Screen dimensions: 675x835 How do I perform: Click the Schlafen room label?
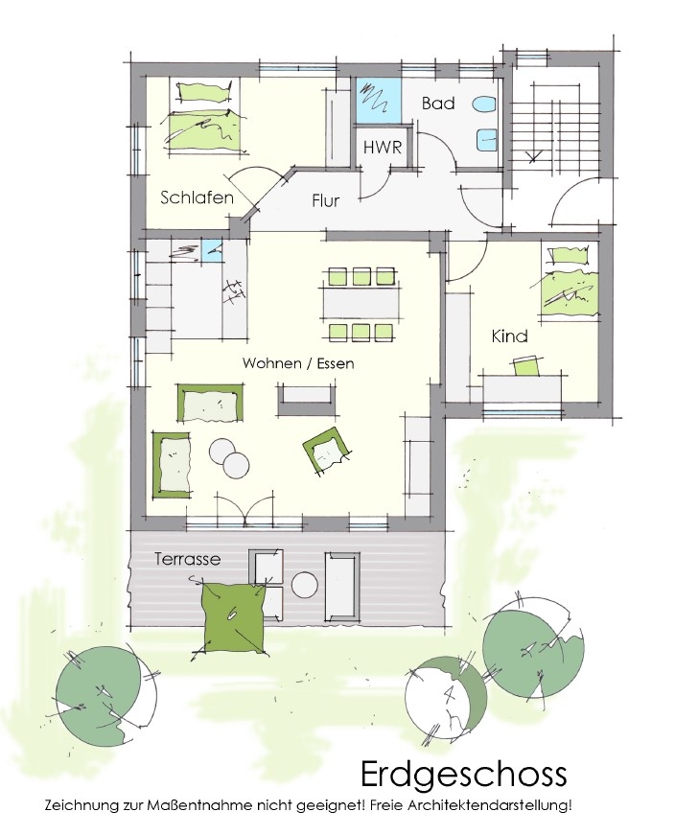coord(197,197)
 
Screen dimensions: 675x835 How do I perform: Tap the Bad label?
coord(438,103)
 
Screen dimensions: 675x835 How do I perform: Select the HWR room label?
coord(383,147)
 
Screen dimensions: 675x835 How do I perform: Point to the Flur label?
coord(325,200)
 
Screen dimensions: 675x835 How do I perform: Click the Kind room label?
coord(509,336)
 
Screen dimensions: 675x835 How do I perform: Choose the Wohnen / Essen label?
coord(298,363)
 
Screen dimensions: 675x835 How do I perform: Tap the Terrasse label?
coord(188,559)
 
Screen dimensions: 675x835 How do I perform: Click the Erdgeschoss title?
coord(463,774)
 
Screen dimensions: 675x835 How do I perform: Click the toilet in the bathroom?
coord(484,104)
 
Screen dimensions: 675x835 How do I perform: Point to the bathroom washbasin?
coord(485,140)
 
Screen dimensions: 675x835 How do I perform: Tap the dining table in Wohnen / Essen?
coord(361,304)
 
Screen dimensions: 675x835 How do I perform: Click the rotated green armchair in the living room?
coord(326,448)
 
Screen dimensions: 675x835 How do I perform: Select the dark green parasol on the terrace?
coord(232,617)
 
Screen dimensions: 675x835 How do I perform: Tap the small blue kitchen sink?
coord(213,251)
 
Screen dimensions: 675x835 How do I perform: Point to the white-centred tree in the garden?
coord(446,696)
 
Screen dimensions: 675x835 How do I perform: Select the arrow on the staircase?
coord(533,156)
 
